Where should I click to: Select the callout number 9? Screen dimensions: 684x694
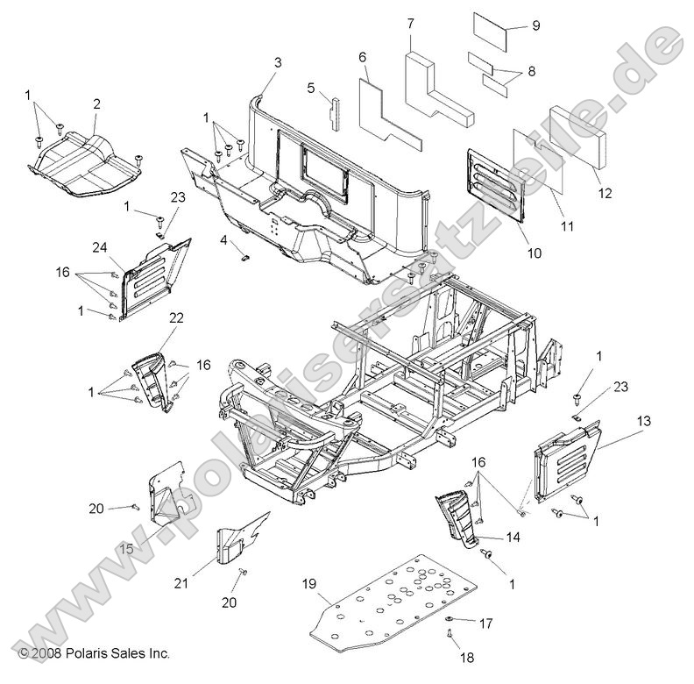click(x=536, y=25)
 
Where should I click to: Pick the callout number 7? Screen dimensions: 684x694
click(x=410, y=23)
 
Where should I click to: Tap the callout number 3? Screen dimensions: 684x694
click(x=278, y=61)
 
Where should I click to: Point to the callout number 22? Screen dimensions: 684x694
click(x=176, y=317)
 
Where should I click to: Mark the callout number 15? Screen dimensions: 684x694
click(x=126, y=547)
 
